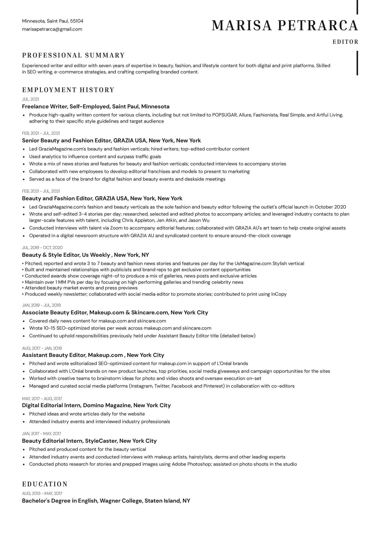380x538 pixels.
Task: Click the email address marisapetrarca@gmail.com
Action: (52, 29)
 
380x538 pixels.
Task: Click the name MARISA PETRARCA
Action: (285, 26)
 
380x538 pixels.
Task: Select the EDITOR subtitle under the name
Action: (346, 42)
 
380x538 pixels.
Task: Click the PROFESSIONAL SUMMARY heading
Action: (73, 55)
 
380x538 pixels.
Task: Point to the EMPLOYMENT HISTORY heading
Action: (68, 90)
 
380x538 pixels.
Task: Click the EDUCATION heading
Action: (45, 484)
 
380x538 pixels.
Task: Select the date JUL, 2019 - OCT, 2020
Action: (42, 247)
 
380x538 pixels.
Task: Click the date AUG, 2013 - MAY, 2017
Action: (42, 493)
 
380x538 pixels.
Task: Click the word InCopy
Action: (279, 294)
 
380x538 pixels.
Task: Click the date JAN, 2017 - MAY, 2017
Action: (42, 433)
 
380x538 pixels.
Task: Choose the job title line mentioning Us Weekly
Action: (85, 255)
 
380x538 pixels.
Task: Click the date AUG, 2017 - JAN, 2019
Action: (42, 348)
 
